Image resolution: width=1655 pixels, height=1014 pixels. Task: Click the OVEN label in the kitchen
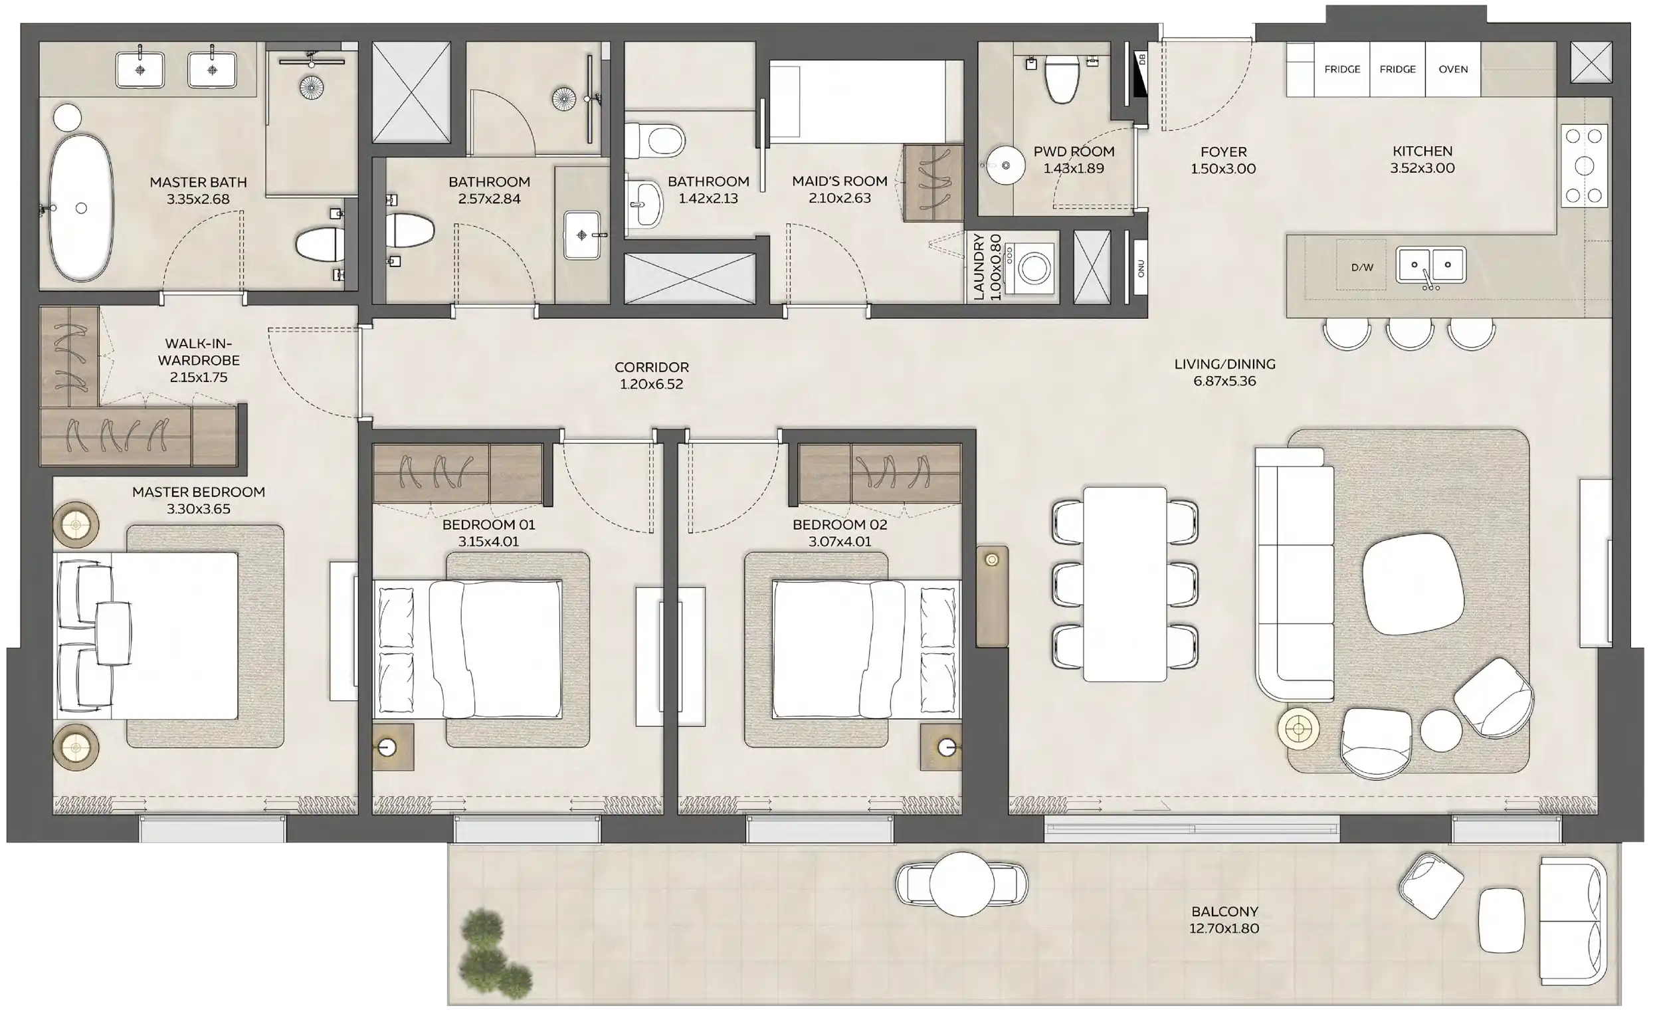(1453, 69)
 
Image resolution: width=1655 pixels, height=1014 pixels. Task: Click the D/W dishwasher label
(1361, 267)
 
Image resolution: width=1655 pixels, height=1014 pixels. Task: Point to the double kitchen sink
(1430, 264)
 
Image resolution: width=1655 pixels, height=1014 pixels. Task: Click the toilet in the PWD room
(1062, 78)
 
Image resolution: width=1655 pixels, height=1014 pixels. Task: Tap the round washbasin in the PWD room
(1005, 165)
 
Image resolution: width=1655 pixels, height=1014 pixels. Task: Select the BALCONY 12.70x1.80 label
(1224, 920)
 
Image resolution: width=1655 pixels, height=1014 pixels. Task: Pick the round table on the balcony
(961, 884)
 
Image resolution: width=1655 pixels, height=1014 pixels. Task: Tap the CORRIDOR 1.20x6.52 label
(651, 375)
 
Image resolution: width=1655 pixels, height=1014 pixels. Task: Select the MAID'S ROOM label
(840, 181)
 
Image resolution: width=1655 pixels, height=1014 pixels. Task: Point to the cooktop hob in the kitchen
(1584, 165)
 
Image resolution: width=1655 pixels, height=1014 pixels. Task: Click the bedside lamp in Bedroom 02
(946, 747)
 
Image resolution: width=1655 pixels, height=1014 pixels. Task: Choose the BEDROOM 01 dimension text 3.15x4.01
(488, 542)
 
